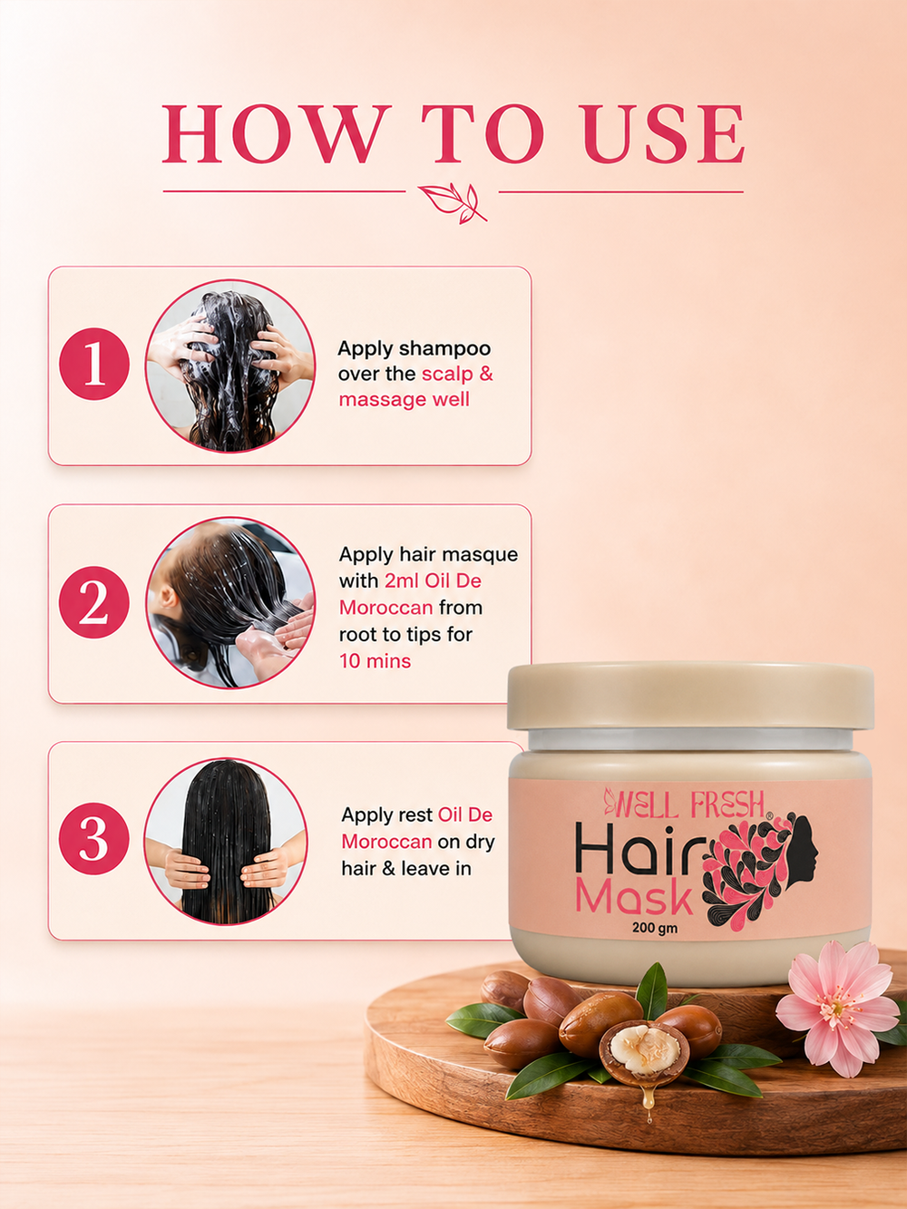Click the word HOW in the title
[x=273, y=133]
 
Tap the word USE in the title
[x=664, y=133]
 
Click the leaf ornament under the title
[x=453, y=203]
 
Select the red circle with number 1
[x=94, y=364]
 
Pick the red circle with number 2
[x=94, y=602]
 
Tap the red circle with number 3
[x=94, y=838]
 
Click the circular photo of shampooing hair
[x=230, y=366]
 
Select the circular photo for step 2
[x=230, y=602]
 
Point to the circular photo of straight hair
[x=226, y=841]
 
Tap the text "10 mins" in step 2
[x=375, y=660]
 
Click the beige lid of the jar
[x=690, y=696]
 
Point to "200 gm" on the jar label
[x=655, y=928]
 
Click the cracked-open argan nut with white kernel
[x=643, y=1051]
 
